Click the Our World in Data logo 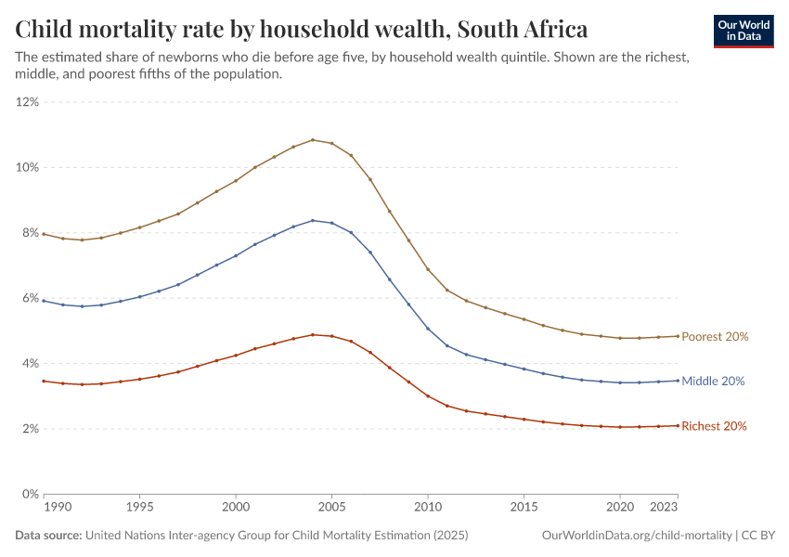click(743, 31)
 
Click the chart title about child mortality click(302, 29)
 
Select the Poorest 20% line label click(715, 337)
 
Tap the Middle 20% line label click(713, 382)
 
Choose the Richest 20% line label click(715, 426)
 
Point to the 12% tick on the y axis click(27, 102)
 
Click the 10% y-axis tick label click(27, 167)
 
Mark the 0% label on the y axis click(30, 494)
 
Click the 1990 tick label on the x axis click(57, 508)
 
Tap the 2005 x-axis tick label click(331, 508)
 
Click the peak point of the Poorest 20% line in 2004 click(313, 140)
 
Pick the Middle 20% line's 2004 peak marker click(313, 220)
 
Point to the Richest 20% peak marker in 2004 click(313, 334)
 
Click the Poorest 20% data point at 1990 click(44, 234)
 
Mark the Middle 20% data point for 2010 click(428, 329)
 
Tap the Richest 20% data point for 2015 click(524, 420)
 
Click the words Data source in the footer click(48, 536)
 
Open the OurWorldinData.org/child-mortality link click(637, 536)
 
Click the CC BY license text click(758, 536)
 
